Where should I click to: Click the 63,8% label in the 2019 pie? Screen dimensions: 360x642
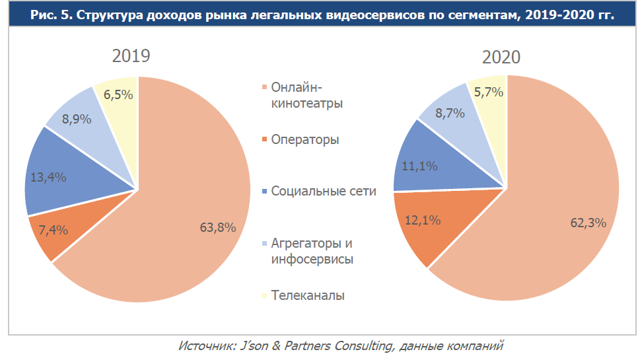click(x=218, y=228)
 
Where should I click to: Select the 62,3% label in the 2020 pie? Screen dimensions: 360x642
click(x=588, y=223)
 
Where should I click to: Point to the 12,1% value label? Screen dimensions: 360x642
click(x=423, y=221)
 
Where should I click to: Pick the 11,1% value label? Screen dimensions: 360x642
click(x=419, y=166)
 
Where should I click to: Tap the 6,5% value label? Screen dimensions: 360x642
click(x=118, y=94)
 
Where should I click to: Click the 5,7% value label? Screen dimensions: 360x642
click(x=489, y=92)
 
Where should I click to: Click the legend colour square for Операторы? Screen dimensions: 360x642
click(x=266, y=140)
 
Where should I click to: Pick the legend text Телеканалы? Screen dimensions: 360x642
click(x=308, y=295)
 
